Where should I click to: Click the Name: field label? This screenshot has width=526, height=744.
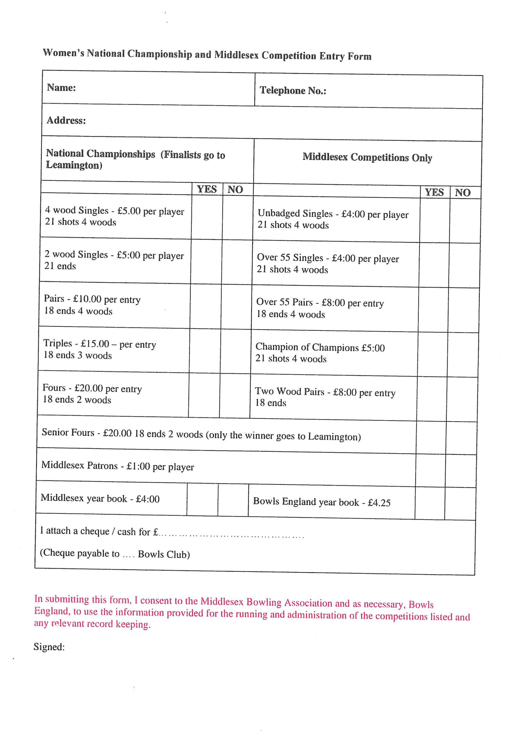pyautogui.click(x=61, y=87)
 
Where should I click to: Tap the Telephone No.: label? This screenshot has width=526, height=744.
pyautogui.click(x=293, y=90)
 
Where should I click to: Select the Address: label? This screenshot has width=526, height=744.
pyautogui.click(x=66, y=121)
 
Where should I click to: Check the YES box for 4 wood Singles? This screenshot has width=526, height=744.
pyautogui.click(x=207, y=217)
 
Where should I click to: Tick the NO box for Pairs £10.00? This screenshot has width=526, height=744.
pyautogui.click(x=237, y=306)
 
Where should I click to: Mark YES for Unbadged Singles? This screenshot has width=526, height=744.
pyautogui.click(x=435, y=220)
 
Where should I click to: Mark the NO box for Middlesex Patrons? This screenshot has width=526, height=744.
pyautogui.click(x=461, y=471)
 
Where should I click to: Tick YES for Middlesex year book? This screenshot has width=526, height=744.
pyautogui.click(x=202, y=499)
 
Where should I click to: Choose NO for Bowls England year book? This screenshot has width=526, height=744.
pyautogui.click(x=460, y=504)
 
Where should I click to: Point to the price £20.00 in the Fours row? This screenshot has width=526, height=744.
pyautogui.click(x=88, y=388)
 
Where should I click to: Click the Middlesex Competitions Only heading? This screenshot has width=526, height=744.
pyautogui.click(x=367, y=158)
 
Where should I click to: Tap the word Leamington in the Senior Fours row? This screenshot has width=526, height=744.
pyautogui.click(x=334, y=437)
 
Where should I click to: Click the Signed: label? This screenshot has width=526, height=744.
pyautogui.click(x=49, y=647)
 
